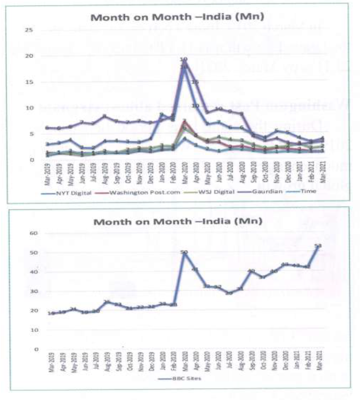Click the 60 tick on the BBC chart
click(34, 233)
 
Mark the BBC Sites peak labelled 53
click(318, 246)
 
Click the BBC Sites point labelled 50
click(184, 252)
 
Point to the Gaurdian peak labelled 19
click(184, 60)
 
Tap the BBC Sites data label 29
click(229, 293)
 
